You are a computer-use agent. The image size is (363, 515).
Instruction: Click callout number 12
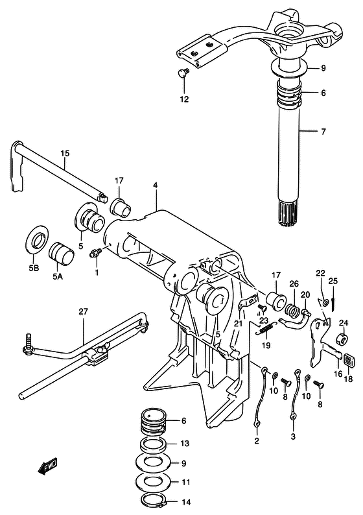(184, 99)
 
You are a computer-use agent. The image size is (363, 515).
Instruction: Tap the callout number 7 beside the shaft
(322, 132)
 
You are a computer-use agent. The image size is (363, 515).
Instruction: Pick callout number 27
(82, 312)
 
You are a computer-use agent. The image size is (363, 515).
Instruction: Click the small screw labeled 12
(183, 73)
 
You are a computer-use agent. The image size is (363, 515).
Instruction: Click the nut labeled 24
(340, 340)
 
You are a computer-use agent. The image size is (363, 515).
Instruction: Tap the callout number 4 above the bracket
(156, 186)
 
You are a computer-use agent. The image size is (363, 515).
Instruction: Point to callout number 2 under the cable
(256, 441)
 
